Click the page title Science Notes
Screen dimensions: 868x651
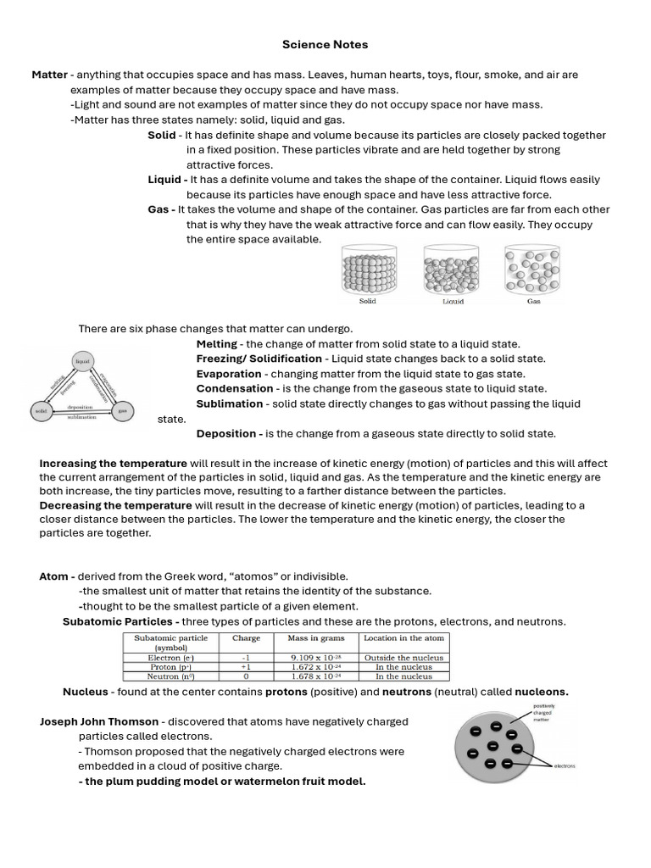(x=325, y=44)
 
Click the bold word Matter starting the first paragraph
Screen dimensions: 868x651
(x=49, y=75)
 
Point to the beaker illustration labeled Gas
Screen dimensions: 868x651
(x=532, y=270)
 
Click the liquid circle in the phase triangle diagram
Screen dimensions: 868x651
(x=82, y=361)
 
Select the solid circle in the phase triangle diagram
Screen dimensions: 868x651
(x=40, y=412)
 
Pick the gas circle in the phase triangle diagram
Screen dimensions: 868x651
(x=123, y=412)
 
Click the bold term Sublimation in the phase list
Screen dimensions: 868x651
(x=229, y=403)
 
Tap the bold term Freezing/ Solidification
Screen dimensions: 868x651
(x=259, y=359)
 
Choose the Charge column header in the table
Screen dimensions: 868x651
(x=246, y=638)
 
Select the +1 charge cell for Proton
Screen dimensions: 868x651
(x=246, y=667)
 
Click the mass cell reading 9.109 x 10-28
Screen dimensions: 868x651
(x=314, y=657)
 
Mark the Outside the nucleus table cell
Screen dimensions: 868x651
(x=403, y=657)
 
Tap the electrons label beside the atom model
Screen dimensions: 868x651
(x=565, y=765)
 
